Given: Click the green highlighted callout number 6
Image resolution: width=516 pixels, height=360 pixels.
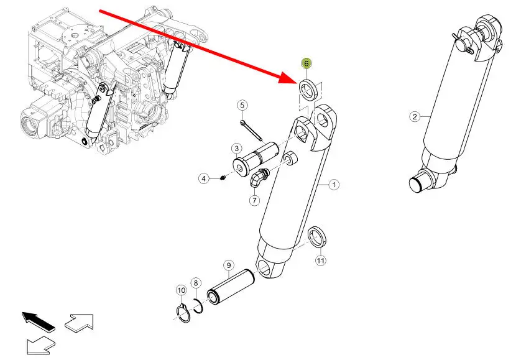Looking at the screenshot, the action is coord(306,63).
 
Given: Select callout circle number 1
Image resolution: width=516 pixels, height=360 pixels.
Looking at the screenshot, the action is coord(334,185).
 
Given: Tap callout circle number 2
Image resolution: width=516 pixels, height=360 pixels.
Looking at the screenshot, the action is coord(415,116).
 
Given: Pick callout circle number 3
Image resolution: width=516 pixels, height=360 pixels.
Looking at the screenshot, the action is coord(237,149).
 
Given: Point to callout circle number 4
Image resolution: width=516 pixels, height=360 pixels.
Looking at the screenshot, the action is coord(204,178).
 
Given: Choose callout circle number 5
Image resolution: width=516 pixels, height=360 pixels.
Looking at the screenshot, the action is coord(242,106).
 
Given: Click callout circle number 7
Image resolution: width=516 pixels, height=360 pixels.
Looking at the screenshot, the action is coord(254,200).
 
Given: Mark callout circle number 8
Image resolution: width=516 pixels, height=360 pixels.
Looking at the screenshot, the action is coord(196,283).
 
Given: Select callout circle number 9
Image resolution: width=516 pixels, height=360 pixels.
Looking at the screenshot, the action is coord(229,265).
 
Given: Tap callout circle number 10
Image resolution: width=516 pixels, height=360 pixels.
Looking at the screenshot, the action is coord(182,290).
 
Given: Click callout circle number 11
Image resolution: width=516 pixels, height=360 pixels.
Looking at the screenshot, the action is coord(321,261).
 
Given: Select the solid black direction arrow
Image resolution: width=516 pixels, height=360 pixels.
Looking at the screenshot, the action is coord(38,321).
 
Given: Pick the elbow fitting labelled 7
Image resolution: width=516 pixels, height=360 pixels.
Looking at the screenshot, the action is coord(259,177).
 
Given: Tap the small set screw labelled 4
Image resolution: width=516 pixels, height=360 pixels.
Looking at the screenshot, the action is coord(223,178).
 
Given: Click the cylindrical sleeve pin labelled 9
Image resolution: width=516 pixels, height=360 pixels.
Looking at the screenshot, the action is coord(231,286).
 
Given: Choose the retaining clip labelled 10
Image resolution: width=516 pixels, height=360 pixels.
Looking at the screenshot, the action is coord(183,313).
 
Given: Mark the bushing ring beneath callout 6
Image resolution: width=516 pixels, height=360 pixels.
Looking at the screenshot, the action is coord(310,90).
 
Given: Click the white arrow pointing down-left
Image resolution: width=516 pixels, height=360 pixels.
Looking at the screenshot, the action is coord(40,345).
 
